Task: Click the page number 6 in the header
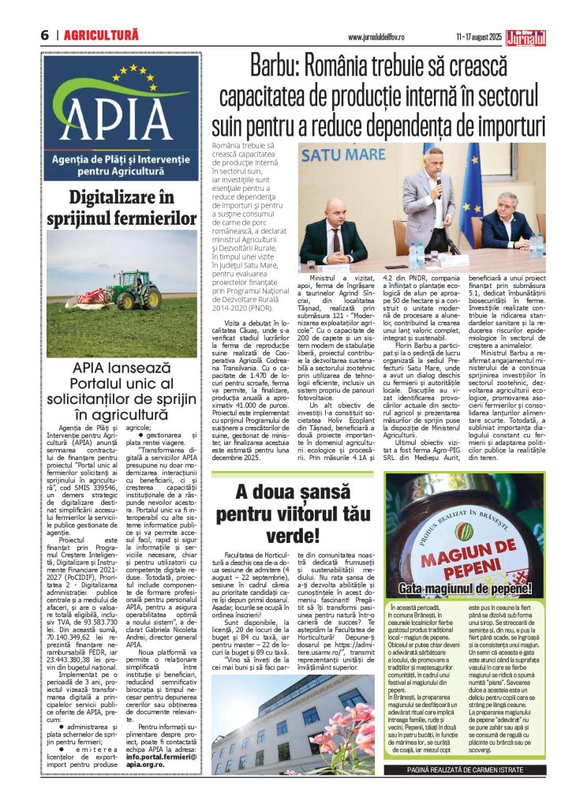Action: click(45, 36)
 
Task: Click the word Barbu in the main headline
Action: click(279, 66)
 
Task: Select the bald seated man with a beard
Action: click(334, 233)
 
